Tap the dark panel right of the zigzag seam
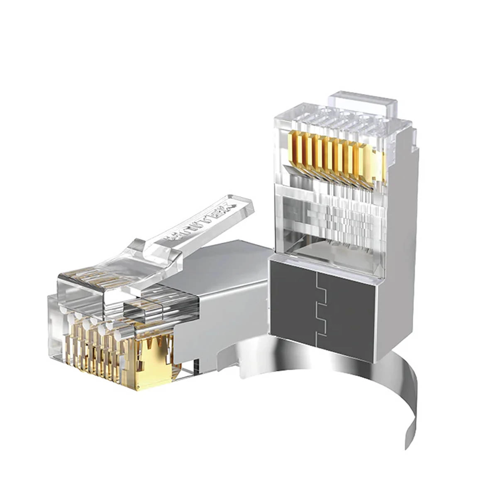[x=351, y=311]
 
